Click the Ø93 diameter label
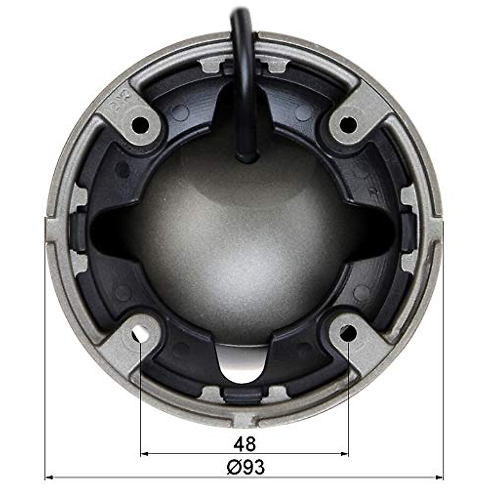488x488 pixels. tap(245, 467)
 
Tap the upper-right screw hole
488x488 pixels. tap(348, 124)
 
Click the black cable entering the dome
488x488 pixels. tap(243, 61)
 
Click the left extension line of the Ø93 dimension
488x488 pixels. tap(44, 346)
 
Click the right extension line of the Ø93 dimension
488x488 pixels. tap(443, 346)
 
